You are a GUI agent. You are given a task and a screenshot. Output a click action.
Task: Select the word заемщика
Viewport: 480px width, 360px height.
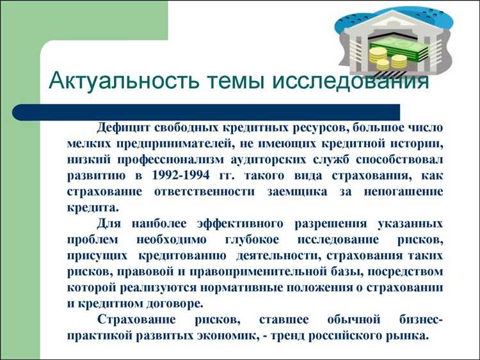click(323, 192)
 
